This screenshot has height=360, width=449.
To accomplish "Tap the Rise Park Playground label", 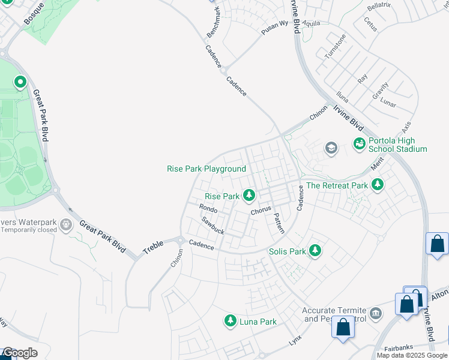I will (x=206, y=169).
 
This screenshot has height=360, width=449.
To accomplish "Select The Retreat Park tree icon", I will (x=378, y=185).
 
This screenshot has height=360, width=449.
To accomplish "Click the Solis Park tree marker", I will (x=315, y=251).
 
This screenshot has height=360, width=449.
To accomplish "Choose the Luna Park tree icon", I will (x=230, y=322).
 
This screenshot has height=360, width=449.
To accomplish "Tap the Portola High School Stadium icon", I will (x=359, y=144).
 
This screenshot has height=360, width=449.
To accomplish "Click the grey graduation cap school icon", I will (x=331, y=148).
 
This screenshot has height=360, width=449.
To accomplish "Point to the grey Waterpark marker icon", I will (x=65, y=225).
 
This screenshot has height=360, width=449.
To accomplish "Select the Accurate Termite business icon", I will (x=376, y=313).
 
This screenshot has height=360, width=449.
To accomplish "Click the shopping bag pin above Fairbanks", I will (x=343, y=329).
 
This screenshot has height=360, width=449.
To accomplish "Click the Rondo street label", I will (x=208, y=208).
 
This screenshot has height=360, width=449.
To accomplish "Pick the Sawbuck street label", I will (x=212, y=226).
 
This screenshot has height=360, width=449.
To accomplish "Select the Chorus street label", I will (x=261, y=211).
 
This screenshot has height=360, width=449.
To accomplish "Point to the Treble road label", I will (x=152, y=246).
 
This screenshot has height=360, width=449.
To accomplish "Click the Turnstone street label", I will (x=335, y=46).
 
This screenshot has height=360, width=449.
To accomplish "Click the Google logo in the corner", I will (x=19, y=353).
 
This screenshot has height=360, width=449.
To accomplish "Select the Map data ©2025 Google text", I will (x=412, y=355).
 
